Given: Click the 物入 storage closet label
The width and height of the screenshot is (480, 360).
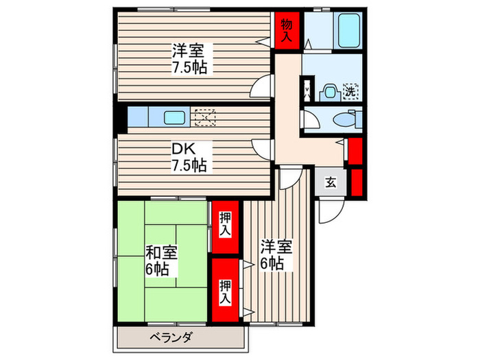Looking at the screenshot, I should (287, 30).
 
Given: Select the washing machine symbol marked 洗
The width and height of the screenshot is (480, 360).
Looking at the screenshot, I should (350, 91).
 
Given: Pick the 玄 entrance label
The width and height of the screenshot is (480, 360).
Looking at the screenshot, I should (331, 182).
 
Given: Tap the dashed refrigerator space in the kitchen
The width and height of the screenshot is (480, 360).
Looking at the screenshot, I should (204, 117).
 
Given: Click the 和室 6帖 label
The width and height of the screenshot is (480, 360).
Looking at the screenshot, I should (162, 259).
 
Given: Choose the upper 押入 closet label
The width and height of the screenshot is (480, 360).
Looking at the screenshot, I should (225, 224).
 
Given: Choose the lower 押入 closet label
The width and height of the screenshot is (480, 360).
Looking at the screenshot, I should (225, 291).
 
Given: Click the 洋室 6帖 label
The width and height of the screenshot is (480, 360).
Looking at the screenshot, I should (276, 254).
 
